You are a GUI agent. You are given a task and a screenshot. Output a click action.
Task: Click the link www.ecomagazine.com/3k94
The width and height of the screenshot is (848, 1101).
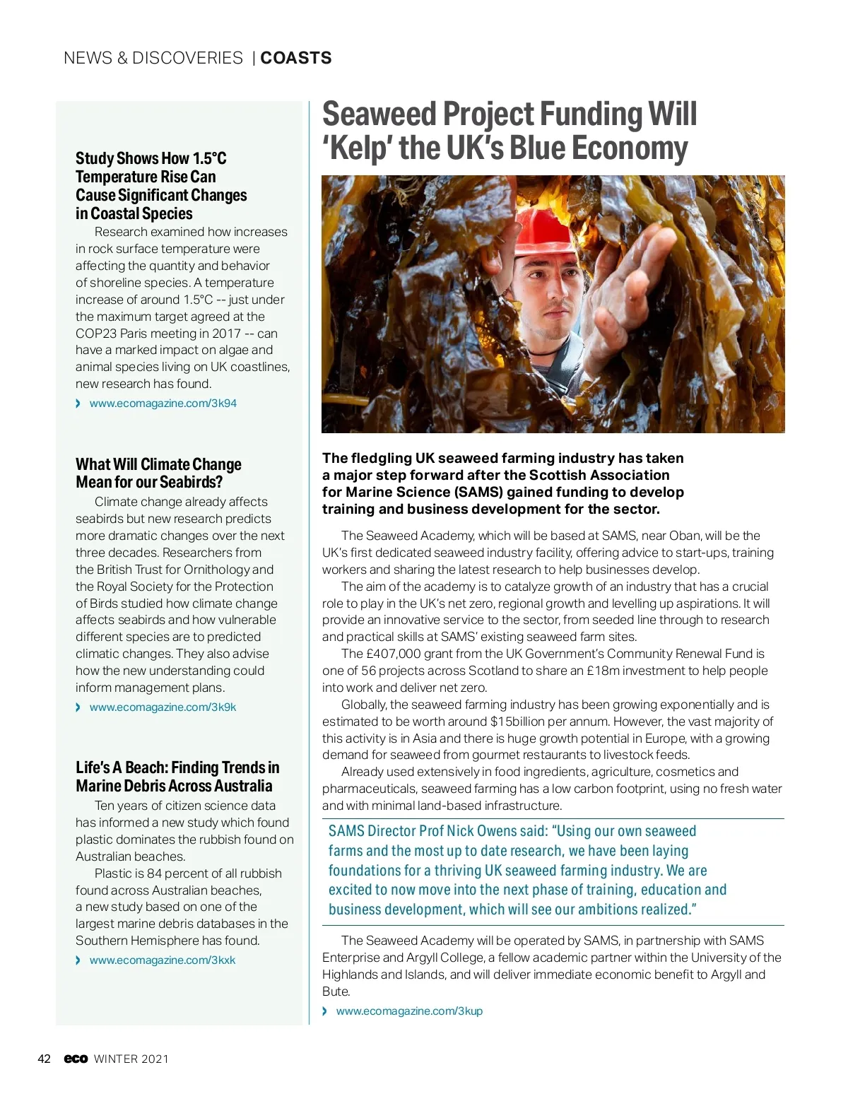(163, 404)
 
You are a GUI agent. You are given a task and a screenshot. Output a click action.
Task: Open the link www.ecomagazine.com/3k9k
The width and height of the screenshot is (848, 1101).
(163, 707)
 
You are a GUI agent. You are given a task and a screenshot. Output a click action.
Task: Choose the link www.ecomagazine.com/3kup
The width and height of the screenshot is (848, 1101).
(409, 1011)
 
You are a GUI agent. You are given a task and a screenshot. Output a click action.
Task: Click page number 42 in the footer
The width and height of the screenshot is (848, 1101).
(44, 1059)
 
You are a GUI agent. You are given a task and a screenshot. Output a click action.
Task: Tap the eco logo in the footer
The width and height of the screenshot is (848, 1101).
(76, 1059)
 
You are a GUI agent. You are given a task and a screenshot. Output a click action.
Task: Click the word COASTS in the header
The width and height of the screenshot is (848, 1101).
(296, 58)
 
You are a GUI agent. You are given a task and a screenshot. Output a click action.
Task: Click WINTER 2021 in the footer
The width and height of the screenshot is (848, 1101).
(131, 1059)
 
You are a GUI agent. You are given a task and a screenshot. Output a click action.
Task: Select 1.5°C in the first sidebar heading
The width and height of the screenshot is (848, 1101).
(209, 158)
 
